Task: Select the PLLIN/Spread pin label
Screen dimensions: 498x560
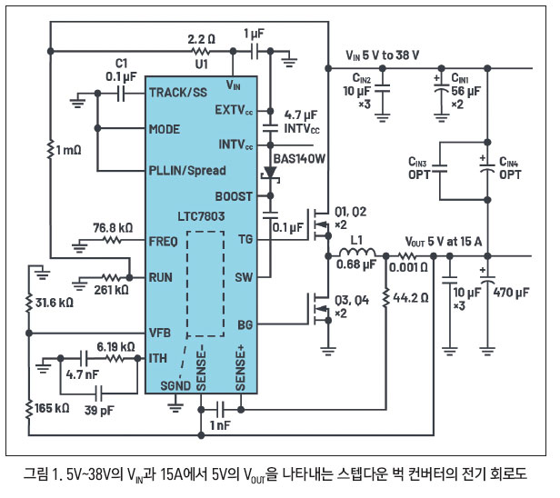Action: (x=187, y=171)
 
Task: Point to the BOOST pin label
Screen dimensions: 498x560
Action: (x=234, y=196)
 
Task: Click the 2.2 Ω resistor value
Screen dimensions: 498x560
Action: (x=202, y=40)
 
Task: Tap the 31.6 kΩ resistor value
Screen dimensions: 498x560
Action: (x=55, y=301)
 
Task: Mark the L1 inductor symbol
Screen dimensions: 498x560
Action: (x=356, y=256)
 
